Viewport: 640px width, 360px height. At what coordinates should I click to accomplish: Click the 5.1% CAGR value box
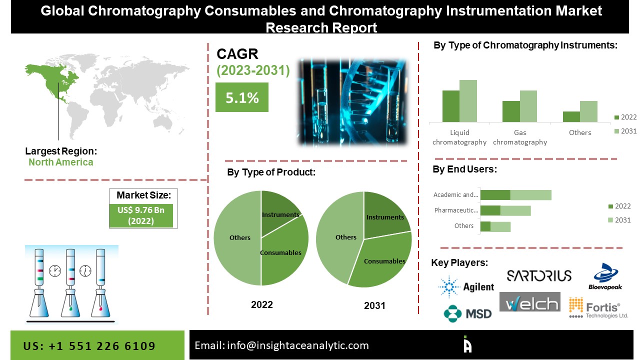point(242,97)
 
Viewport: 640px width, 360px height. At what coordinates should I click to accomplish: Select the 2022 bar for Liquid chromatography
point(450,106)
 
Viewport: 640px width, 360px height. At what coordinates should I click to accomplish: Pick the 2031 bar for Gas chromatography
point(528,106)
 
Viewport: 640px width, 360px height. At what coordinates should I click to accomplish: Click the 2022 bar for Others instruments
point(571,116)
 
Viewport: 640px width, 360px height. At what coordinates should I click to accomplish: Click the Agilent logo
point(465,286)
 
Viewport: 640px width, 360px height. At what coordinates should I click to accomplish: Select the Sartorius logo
point(538,275)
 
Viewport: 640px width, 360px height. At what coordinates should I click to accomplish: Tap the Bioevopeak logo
point(605,276)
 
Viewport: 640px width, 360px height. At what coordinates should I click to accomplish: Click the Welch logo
point(530,303)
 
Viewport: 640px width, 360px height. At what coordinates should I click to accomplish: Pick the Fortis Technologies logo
point(598,308)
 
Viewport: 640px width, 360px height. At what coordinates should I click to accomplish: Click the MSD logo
point(467,313)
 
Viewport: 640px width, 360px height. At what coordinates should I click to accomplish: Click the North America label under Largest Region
point(60,162)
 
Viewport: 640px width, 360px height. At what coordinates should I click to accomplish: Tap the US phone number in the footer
point(89,346)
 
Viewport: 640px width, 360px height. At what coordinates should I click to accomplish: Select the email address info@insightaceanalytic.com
point(281,345)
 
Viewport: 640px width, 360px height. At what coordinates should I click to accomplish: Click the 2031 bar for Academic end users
point(530,195)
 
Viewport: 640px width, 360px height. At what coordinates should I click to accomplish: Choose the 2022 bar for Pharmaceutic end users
point(490,210)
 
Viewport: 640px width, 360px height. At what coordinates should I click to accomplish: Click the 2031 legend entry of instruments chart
point(625,131)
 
